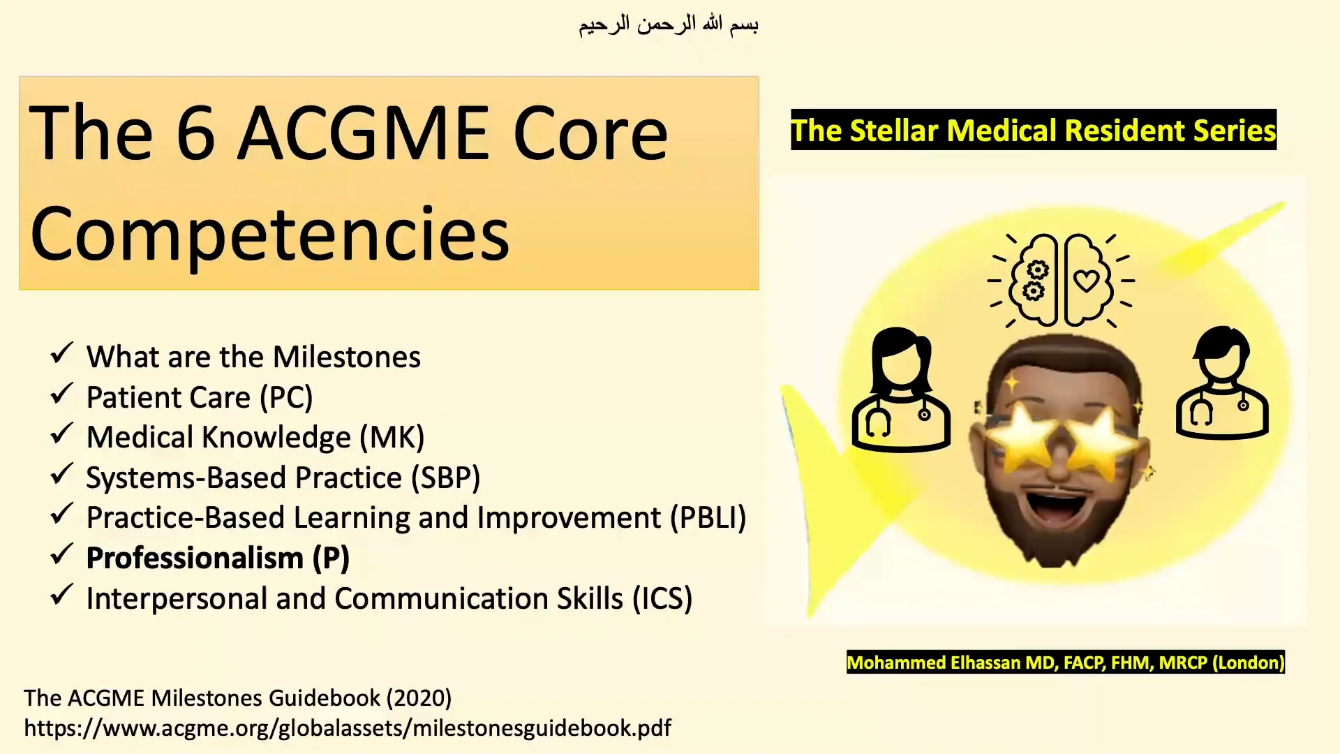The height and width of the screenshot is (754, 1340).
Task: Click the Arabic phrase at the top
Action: [x=668, y=25]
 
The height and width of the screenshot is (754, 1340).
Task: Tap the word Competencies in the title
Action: [x=269, y=235]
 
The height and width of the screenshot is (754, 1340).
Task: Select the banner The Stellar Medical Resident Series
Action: [x=1033, y=131]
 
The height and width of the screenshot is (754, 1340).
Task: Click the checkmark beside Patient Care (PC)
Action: [x=62, y=394]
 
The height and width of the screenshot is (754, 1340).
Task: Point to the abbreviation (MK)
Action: [x=392, y=438]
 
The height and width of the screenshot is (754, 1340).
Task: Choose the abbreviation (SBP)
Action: [x=445, y=478]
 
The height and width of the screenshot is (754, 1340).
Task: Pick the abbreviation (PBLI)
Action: [x=708, y=518]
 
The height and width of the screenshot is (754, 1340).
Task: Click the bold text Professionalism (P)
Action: [x=218, y=559]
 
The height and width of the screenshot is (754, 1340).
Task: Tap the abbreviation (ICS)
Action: [x=662, y=599]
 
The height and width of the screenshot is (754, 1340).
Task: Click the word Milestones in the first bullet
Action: [x=346, y=357]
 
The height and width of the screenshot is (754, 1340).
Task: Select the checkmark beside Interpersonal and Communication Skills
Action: [x=62, y=596]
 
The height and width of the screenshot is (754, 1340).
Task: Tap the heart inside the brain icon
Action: [x=1086, y=281]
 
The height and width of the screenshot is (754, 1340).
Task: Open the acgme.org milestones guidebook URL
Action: [x=347, y=728]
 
